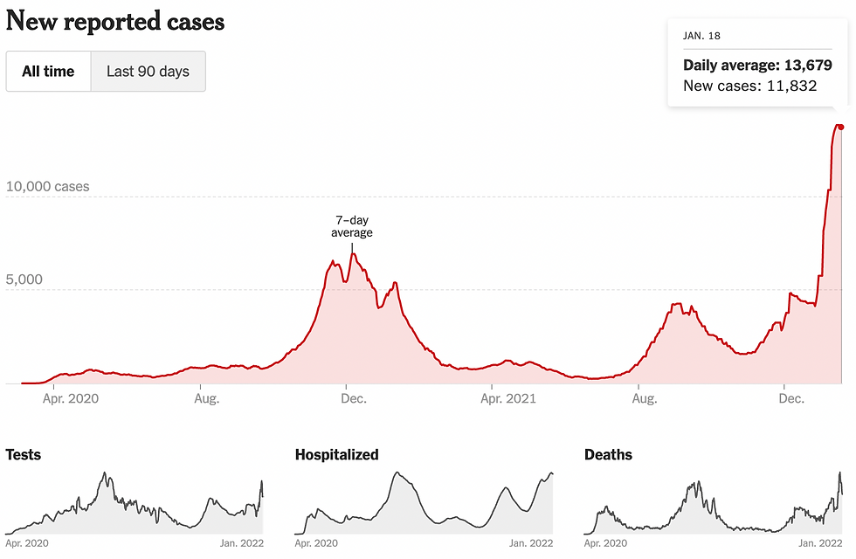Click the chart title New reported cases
[115, 22]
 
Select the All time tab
[48, 72]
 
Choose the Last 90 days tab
[148, 72]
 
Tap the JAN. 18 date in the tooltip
[701, 37]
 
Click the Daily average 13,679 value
[757, 66]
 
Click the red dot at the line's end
[840, 127]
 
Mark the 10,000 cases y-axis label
[47, 187]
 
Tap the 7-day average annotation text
[351, 226]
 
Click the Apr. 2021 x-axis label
[508, 399]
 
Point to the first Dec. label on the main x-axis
[354, 399]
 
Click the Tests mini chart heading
[24, 455]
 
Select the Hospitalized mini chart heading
[336, 455]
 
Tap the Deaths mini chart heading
[608, 455]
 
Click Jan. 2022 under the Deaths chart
[820, 543]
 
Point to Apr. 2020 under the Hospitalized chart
[319, 543]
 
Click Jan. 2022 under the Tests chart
[240, 543]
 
